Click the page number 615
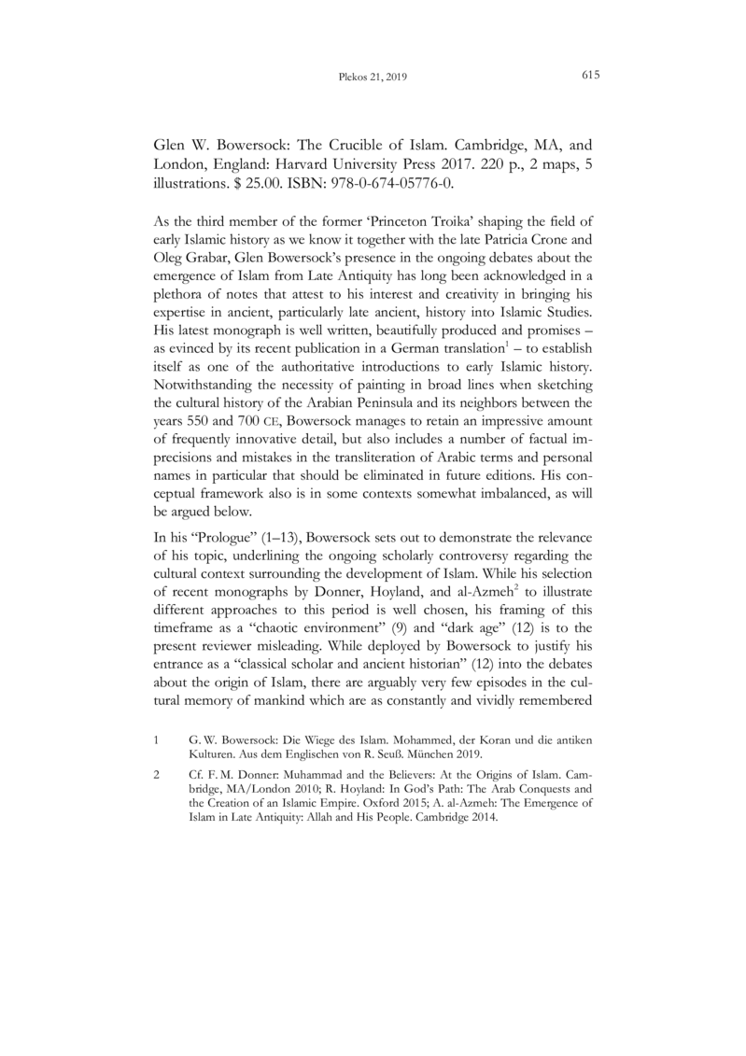pos(589,76)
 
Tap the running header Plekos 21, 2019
pos(373,77)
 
